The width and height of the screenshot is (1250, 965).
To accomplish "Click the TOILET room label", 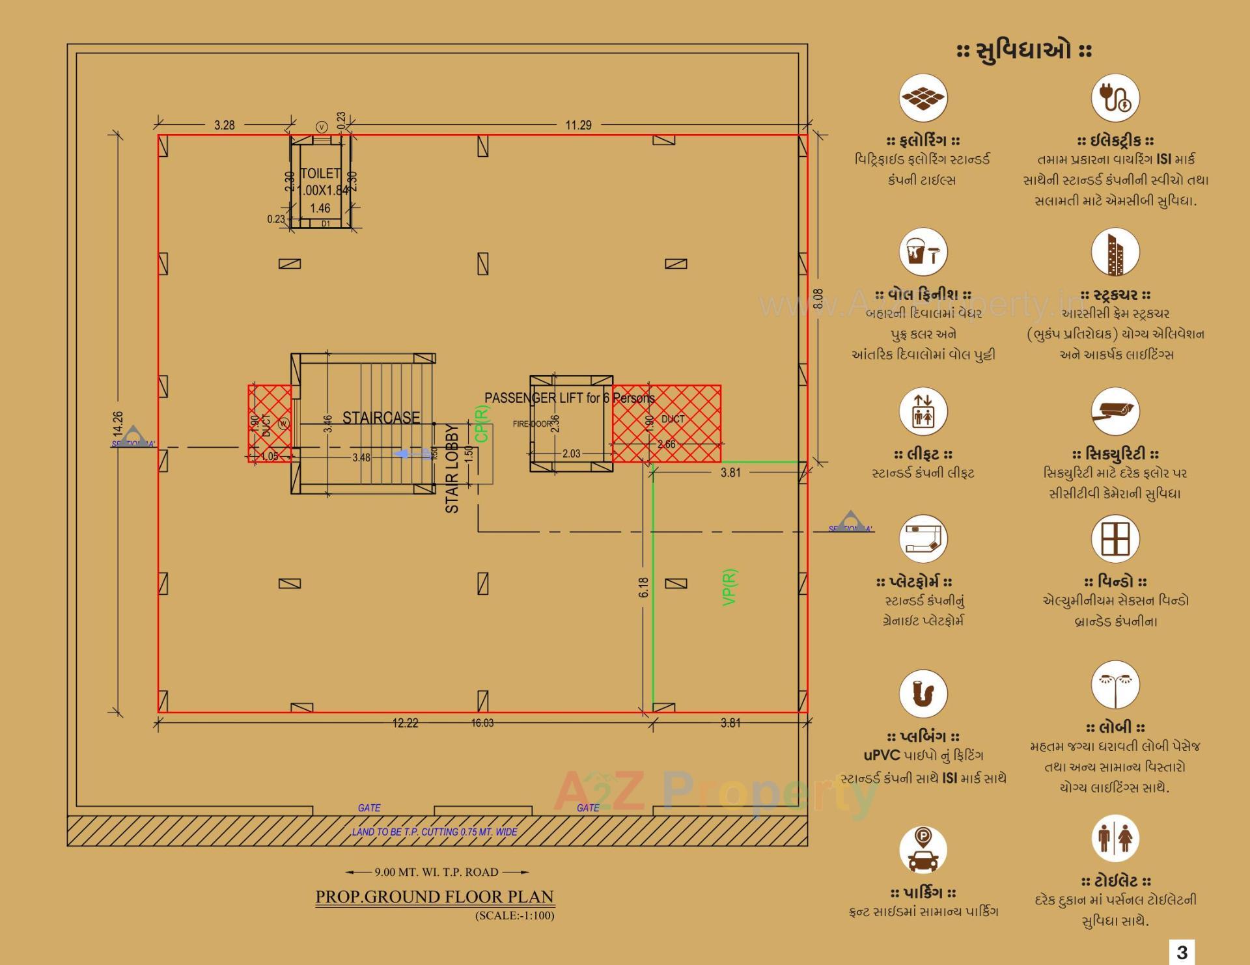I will click(x=320, y=174).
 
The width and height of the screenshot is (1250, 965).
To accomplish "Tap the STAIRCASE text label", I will click(x=381, y=418).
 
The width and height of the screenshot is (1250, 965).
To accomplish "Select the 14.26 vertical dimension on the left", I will click(x=118, y=424).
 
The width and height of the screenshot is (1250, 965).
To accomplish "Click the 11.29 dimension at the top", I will click(x=578, y=125).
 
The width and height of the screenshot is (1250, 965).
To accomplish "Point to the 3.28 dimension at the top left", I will click(x=224, y=125).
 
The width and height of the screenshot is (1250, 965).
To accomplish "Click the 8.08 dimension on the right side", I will click(x=819, y=299).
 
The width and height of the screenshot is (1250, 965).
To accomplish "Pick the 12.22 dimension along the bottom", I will click(x=405, y=723).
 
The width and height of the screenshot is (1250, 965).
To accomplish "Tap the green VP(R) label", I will click(x=730, y=587).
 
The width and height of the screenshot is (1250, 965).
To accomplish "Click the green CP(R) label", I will click(x=482, y=424).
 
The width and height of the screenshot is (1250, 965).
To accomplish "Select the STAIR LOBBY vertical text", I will click(x=452, y=469).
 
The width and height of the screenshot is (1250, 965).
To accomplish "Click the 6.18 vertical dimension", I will click(x=644, y=587).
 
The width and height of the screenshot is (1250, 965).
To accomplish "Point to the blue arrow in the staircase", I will click(x=405, y=454).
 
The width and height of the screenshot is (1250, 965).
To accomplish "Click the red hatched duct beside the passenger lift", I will click(x=667, y=423).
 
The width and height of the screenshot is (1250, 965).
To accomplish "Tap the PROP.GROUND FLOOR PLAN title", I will click(x=434, y=897).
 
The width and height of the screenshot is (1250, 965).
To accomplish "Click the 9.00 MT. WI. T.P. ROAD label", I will click(x=436, y=872).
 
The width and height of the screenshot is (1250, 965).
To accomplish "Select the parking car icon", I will click(x=923, y=850).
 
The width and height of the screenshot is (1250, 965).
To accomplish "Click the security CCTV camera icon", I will click(x=1115, y=411).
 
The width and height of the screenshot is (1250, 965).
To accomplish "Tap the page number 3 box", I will click(x=1182, y=952).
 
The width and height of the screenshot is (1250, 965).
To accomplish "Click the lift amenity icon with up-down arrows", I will click(x=923, y=411).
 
